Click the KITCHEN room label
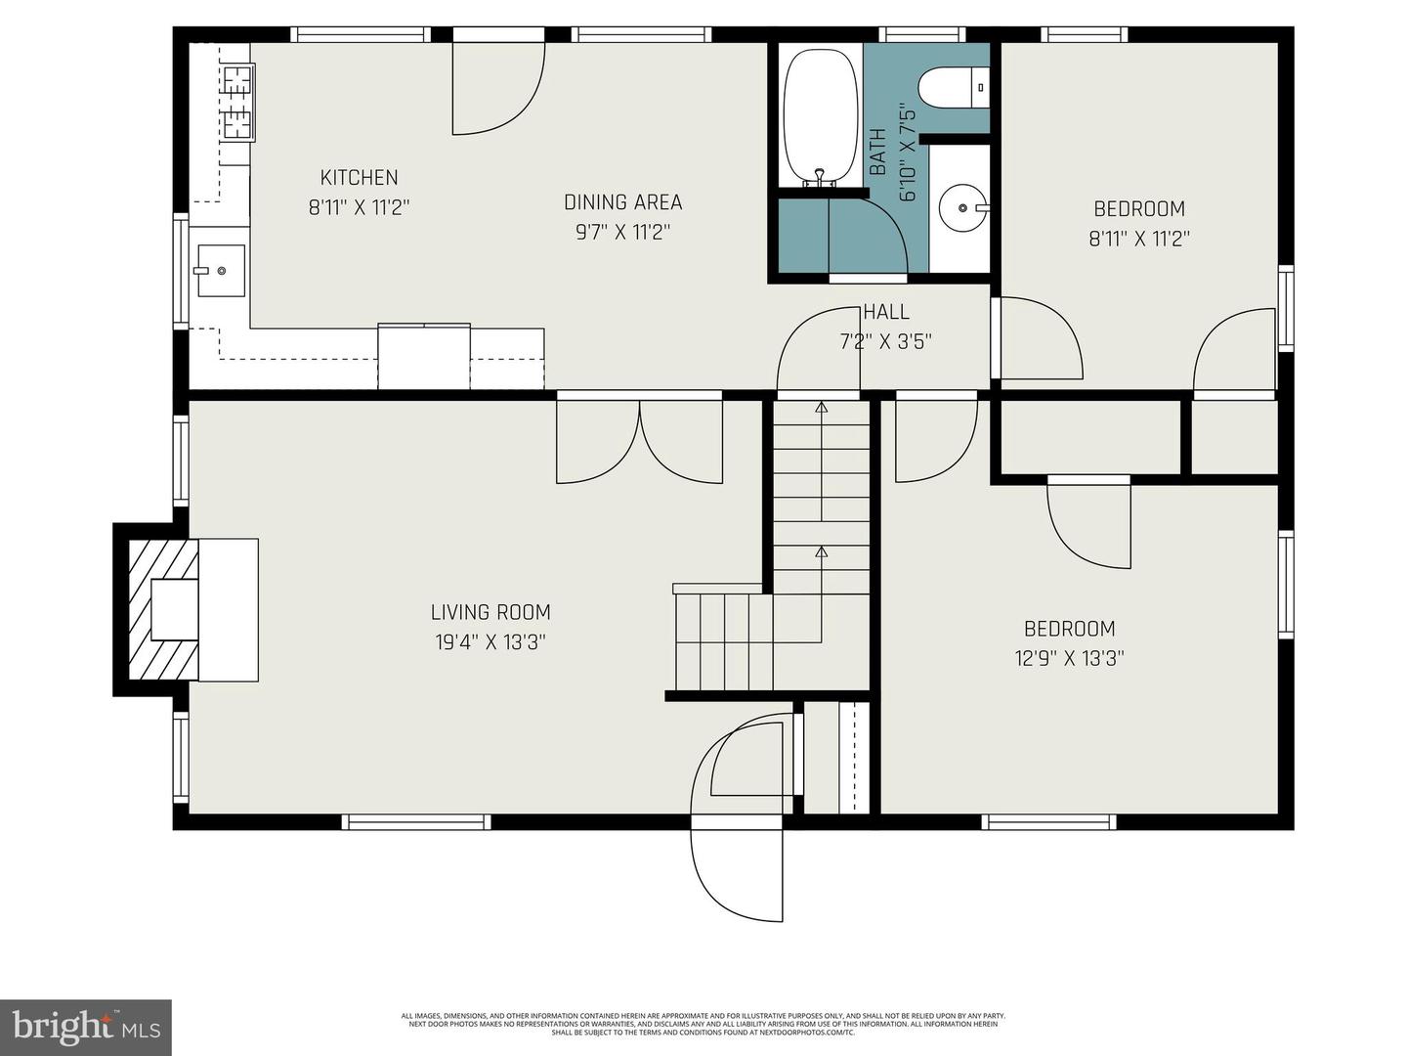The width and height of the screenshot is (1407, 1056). tap(359, 178)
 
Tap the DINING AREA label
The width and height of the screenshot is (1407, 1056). tap(622, 202)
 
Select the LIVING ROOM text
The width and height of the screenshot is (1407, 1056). tap(490, 612)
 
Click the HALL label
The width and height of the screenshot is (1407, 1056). tap(886, 312)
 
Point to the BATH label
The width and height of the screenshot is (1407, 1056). tap(877, 153)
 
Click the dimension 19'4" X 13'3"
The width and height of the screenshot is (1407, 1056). tap(490, 642)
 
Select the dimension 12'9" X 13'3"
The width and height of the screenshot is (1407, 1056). tap(1069, 658)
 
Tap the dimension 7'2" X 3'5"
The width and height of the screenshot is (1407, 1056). tap(886, 342)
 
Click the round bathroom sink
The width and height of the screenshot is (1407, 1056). tap(961, 207)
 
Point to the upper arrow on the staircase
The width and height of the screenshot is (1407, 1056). tap(821, 407)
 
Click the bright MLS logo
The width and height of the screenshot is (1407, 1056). tap(86, 1027)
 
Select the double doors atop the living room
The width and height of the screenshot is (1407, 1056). tap(640, 442)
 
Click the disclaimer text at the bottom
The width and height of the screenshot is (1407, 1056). tap(703, 1024)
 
